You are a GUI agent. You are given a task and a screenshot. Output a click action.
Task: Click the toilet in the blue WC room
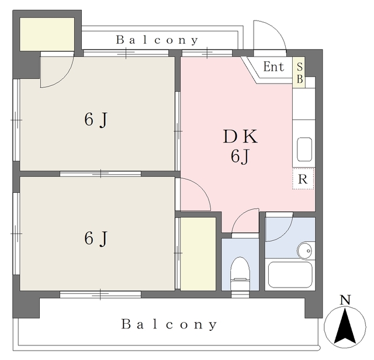[x=240, y=274]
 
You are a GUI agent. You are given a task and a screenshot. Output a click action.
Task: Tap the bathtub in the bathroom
[x=290, y=275]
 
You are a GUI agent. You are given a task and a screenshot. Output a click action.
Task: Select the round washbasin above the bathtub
[x=304, y=251]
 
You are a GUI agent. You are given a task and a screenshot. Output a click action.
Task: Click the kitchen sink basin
[x=304, y=150]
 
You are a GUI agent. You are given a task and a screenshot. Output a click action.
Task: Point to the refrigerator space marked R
[x=303, y=179]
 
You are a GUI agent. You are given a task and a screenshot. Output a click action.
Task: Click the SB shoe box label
[x=300, y=72]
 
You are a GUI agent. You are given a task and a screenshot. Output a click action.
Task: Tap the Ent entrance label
[x=273, y=67]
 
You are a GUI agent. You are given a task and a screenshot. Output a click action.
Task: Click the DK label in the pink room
[x=240, y=136]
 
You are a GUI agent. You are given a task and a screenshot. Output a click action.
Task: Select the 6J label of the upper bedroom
[x=96, y=120]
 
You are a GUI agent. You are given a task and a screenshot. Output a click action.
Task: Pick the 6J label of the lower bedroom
[x=96, y=238]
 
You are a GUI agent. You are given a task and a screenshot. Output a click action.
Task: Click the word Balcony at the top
[x=157, y=40]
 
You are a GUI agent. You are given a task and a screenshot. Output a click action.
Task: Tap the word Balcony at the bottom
[x=169, y=325]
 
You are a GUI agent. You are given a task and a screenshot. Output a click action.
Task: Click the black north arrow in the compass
[x=345, y=326]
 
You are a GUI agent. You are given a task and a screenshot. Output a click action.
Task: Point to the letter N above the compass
[x=345, y=300]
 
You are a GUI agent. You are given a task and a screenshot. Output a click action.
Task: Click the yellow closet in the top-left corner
[x=47, y=34]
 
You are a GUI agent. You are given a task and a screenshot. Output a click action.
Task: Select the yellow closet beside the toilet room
[x=198, y=254]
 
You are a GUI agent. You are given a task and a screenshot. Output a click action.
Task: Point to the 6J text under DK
[x=240, y=157]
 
